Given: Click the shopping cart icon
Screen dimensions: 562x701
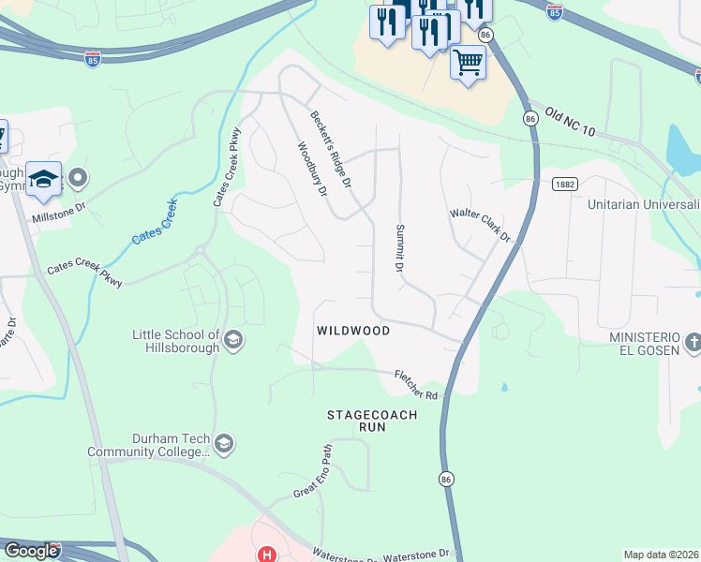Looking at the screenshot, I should point(468,64).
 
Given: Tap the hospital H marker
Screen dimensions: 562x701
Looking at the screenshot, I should point(266,555).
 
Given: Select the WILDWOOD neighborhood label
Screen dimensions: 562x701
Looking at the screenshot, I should point(353,331).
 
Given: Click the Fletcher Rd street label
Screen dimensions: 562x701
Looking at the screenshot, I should point(416,383).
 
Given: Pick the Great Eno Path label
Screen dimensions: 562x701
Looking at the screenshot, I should point(313,472).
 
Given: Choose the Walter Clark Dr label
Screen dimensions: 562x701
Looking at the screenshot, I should point(481,225).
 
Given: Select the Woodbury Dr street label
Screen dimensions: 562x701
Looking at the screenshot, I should point(311,170).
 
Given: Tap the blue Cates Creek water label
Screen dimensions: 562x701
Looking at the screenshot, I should point(155,222).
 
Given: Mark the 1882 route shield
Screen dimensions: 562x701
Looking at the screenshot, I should point(563,185).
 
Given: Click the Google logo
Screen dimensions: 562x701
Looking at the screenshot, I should point(31,551).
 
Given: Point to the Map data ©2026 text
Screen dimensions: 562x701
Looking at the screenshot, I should point(661,555).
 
